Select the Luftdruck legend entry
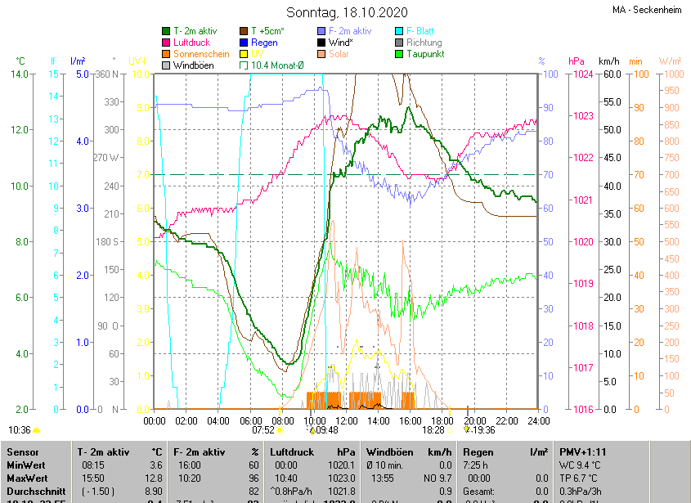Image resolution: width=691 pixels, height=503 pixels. point(192,43)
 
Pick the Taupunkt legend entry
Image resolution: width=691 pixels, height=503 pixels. point(424,54)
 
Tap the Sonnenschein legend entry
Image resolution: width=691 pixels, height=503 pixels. point(200,54)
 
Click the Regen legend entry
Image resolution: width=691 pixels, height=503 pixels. point(264,43)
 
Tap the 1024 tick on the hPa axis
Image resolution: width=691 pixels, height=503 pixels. point(582,74)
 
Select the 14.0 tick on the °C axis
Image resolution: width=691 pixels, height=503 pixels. point(20,74)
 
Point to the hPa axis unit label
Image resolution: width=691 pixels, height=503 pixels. point(576,61)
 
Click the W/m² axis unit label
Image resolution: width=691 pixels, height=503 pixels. point(669,61)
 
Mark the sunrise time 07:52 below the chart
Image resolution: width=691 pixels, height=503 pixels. point(262,429)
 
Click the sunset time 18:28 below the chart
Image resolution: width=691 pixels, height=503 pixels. point(433,429)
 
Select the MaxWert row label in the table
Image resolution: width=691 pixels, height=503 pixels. point(28,477)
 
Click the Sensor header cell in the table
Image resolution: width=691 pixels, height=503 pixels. point(22,451)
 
